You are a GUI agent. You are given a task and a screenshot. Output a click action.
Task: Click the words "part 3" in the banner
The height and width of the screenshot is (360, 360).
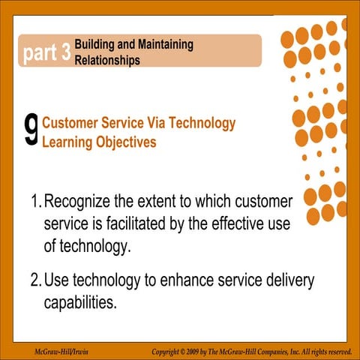coord(46,52)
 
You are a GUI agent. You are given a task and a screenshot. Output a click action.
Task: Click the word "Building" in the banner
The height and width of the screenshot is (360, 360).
coord(97,45)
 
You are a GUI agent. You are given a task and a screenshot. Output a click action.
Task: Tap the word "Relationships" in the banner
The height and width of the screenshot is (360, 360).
coord(107,60)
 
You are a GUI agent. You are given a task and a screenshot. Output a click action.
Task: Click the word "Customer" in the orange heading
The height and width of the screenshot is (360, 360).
coord(73,123)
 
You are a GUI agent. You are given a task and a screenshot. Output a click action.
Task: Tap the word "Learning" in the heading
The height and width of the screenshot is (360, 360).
coord(70,140)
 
